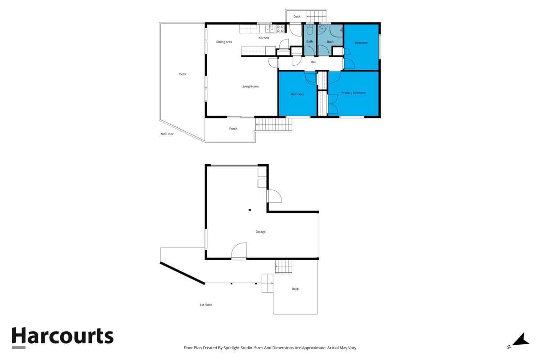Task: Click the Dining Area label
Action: click(x=224, y=42)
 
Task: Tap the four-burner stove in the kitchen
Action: click(x=280, y=29)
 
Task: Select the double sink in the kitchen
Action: click(x=269, y=29)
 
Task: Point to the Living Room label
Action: click(x=250, y=86)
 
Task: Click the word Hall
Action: click(x=313, y=62)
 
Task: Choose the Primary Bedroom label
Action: click(x=353, y=93)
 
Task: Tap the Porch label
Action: click(x=233, y=129)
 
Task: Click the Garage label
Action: click(x=260, y=232)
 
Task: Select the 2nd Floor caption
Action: click(x=167, y=134)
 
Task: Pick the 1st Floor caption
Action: click(x=206, y=305)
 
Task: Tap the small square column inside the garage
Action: click(x=250, y=210)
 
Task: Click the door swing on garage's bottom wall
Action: click(x=239, y=251)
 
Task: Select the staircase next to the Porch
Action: click(x=274, y=125)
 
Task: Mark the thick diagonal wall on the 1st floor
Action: click(x=182, y=273)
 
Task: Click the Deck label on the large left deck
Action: click(x=182, y=74)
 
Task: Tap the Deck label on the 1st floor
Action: click(x=295, y=289)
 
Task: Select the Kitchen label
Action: click(x=263, y=38)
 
